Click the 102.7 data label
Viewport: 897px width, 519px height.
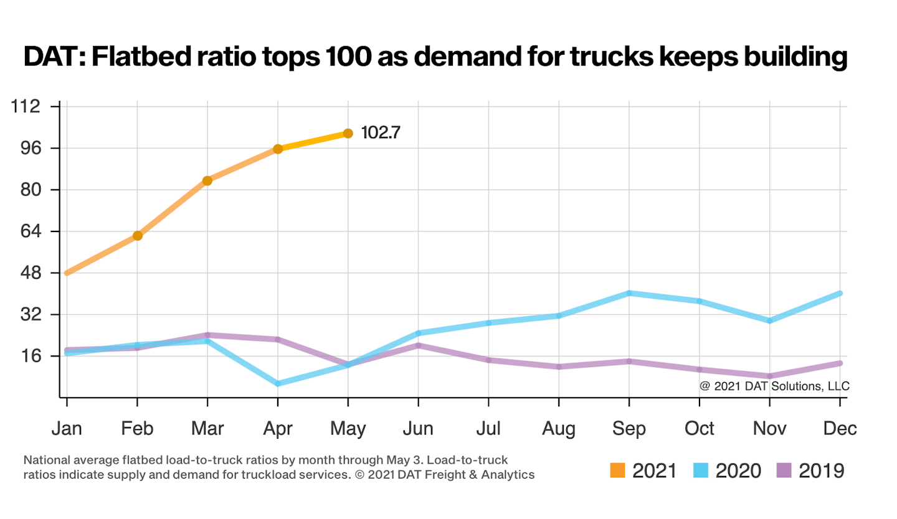pyautogui.click(x=381, y=133)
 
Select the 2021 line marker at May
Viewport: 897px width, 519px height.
pyautogui.click(x=348, y=133)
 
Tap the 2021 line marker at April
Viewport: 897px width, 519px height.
pyautogui.click(x=278, y=149)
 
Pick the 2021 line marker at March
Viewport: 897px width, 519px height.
pyautogui.click(x=207, y=180)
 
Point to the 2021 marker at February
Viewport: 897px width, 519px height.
pyautogui.click(x=138, y=235)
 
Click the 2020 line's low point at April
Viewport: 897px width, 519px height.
pyautogui.click(x=278, y=383)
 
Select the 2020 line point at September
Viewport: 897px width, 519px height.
pyautogui.click(x=629, y=293)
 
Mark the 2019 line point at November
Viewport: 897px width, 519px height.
pyautogui.click(x=770, y=376)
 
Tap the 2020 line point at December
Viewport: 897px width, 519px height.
pyautogui.click(x=840, y=293)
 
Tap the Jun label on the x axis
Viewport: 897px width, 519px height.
pyautogui.click(x=418, y=429)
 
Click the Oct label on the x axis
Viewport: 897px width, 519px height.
pyautogui.click(x=700, y=429)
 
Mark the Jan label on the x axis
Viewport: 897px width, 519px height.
pyautogui.click(x=67, y=429)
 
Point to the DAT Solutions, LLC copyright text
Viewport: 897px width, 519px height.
pyautogui.click(x=774, y=386)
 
